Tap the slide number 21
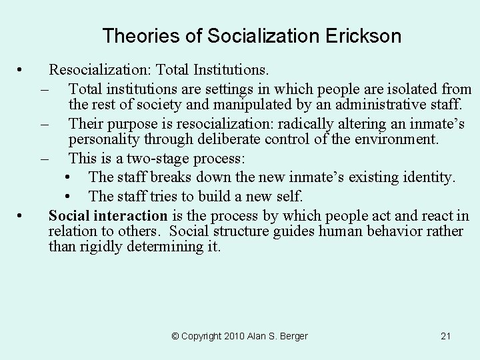pyautogui.click(x=446, y=336)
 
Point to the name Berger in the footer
pyautogui.click(x=292, y=336)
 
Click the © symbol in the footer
pyautogui.click(x=175, y=336)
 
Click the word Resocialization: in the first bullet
pyautogui.click(x=99, y=69)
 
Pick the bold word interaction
pyautogui.click(x=131, y=215)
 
